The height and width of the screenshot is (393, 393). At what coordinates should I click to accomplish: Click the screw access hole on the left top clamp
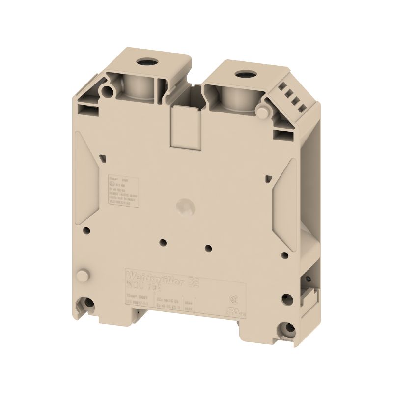click(x=146, y=63)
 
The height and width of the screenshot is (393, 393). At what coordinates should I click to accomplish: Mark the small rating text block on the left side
click(x=123, y=187)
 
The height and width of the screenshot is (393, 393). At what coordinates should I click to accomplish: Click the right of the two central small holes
click(x=208, y=249)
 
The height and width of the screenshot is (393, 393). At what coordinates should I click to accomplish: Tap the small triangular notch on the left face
click(x=102, y=157)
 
